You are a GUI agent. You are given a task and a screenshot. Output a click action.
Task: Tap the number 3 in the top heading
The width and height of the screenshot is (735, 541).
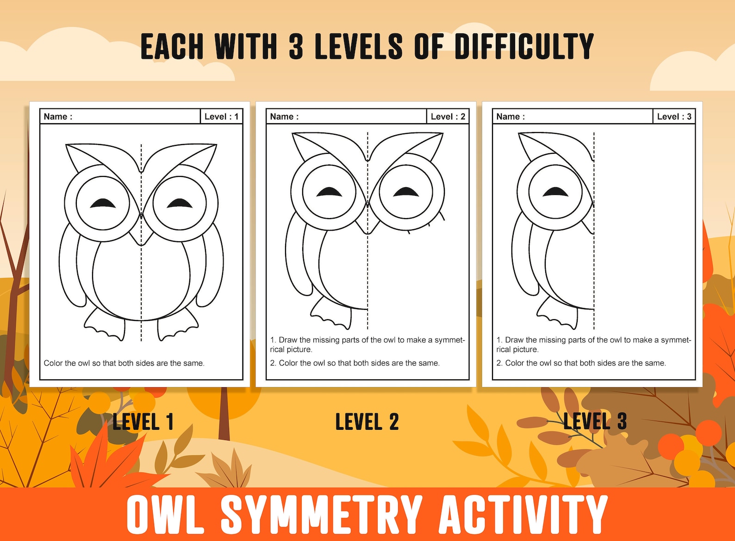click(296, 47)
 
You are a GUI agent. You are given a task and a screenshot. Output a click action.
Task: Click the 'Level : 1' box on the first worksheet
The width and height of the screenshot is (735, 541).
click(221, 117)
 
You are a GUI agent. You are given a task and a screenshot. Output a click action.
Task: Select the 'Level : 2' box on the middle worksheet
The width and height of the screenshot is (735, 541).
click(448, 117)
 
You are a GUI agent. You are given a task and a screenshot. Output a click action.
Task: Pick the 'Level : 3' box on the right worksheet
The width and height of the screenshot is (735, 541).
click(674, 117)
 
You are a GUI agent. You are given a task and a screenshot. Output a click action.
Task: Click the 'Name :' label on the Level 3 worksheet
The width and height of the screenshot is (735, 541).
click(511, 117)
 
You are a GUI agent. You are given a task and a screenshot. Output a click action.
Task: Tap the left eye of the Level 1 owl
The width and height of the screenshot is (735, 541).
click(103, 203)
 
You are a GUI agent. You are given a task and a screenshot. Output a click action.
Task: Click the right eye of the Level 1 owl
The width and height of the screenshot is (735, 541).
click(180, 203)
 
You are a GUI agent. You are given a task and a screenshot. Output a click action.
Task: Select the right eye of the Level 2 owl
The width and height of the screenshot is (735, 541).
click(405, 191)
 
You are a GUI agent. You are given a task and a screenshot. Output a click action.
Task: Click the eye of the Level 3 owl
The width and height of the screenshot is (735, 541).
click(555, 191)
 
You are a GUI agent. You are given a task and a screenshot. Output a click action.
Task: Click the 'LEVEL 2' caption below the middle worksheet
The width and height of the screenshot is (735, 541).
click(367, 421)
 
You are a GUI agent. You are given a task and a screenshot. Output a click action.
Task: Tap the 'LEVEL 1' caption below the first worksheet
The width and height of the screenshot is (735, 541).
click(143, 421)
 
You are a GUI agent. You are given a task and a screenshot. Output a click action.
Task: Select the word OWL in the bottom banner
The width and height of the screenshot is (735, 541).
click(165, 514)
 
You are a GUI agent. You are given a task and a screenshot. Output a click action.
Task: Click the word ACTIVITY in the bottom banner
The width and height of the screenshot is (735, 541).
click(523, 514)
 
